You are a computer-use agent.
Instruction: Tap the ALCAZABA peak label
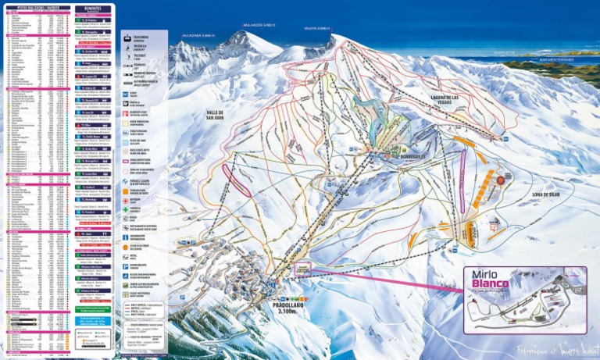(198, 35)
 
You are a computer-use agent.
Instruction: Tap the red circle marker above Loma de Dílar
(501, 180)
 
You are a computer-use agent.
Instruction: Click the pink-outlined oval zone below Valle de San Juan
(237, 179)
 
